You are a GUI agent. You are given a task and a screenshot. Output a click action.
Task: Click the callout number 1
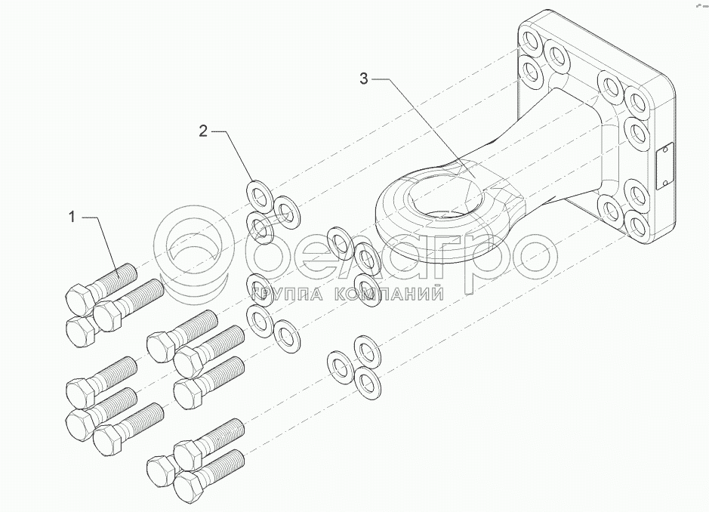(72, 217)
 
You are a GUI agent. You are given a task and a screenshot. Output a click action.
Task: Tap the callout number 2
(202, 131)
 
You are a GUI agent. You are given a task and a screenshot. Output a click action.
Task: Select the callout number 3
(364, 79)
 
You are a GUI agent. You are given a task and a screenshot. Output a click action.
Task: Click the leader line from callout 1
(102, 242)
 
